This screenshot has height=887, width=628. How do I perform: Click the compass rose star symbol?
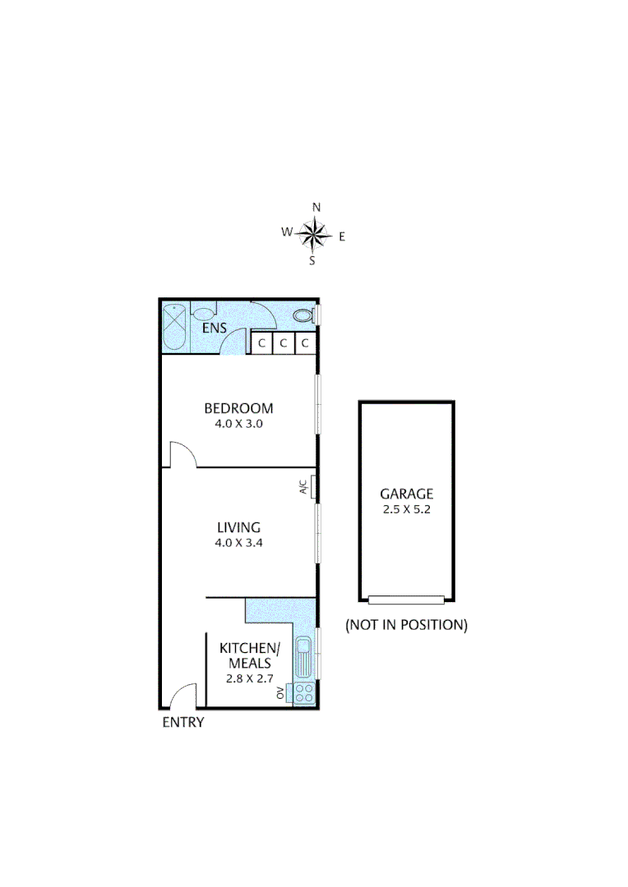[313, 235]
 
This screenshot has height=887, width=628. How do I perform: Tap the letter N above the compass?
[316, 208]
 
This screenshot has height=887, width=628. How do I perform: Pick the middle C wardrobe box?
[283, 343]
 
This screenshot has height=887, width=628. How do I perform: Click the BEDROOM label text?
[238, 408]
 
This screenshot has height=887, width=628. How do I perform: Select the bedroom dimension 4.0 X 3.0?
[238, 425]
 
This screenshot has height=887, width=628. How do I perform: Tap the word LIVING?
[238, 527]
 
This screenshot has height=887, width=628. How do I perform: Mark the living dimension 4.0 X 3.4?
[238, 543]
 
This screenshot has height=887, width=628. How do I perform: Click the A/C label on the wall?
[303, 486]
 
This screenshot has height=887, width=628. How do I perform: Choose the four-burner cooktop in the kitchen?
[303, 692]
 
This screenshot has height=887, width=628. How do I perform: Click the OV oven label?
[281, 693]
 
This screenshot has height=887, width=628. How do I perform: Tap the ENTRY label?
[182, 723]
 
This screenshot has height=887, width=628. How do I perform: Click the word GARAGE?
[406, 494]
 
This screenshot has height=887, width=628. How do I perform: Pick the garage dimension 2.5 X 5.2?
[406, 509]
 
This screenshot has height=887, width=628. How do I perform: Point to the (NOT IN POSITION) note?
[406, 624]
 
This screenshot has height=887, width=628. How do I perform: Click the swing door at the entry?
[182, 696]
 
